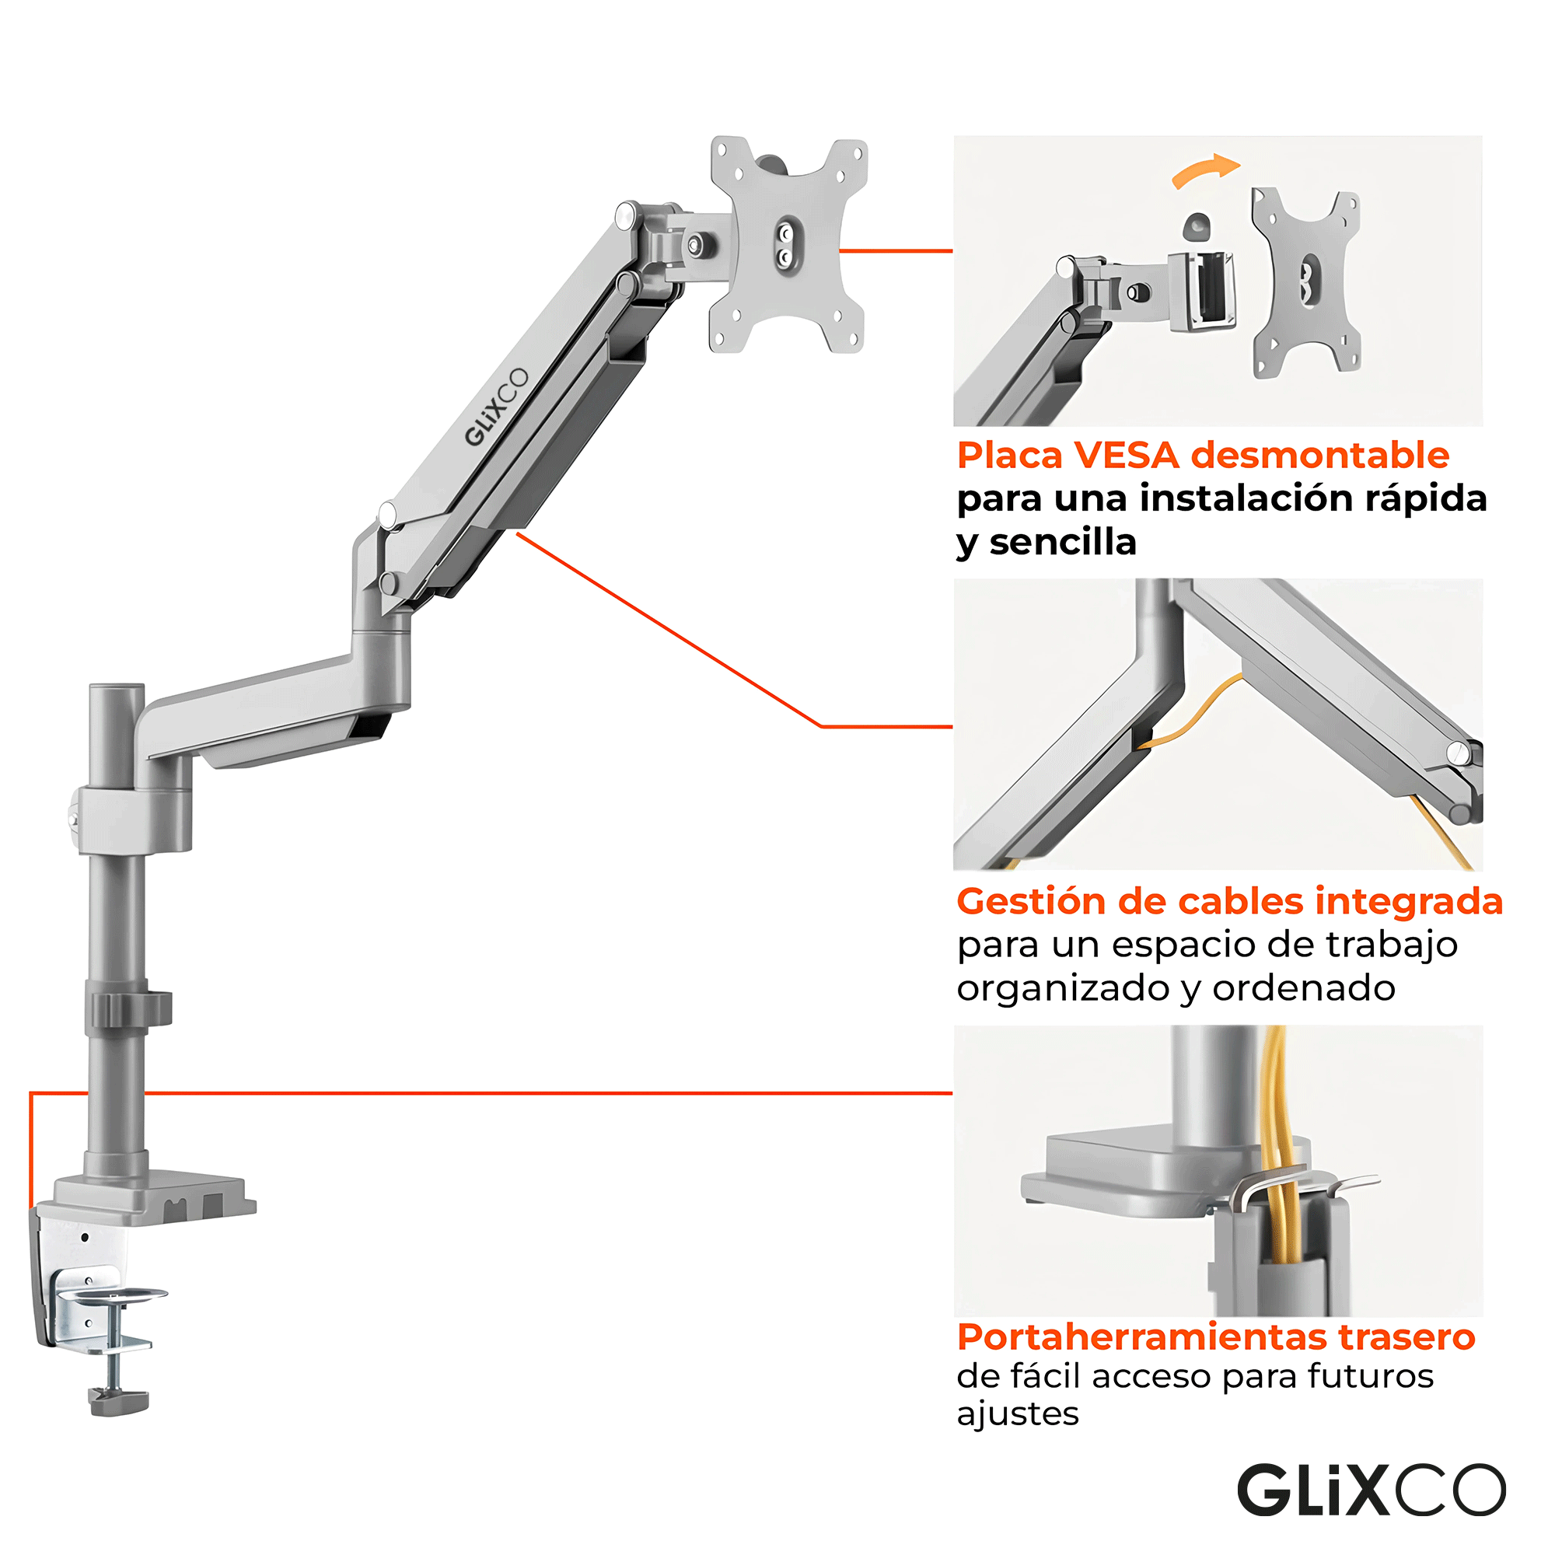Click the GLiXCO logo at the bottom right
1370,1490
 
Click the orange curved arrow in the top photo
1205,169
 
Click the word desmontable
1320,456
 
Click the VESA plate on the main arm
787,245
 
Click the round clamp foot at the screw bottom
119,1401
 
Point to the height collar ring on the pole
128,1009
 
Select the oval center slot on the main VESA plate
783,245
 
